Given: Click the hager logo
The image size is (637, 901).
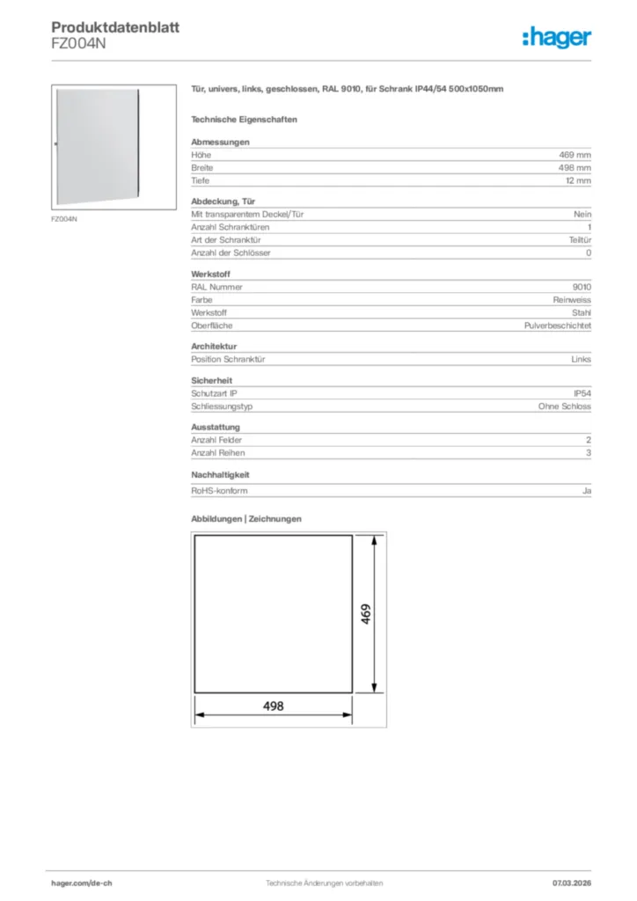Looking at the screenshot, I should pyautogui.click(x=556, y=38).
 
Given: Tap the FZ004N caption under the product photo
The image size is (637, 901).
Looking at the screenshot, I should pyautogui.click(x=64, y=218).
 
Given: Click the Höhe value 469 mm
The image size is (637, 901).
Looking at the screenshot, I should pyautogui.click(x=575, y=155).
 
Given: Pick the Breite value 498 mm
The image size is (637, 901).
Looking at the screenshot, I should pyautogui.click(x=575, y=167).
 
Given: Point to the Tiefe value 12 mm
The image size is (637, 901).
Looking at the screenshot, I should pyautogui.click(x=578, y=180).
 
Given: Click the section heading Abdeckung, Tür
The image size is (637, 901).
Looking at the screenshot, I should pyautogui.click(x=218, y=201).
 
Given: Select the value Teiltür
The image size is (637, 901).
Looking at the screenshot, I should pyautogui.click(x=580, y=240).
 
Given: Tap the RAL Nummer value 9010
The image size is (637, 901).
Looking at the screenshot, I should pyautogui.click(x=582, y=287).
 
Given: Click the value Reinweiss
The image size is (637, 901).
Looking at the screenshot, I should pyautogui.click(x=571, y=300).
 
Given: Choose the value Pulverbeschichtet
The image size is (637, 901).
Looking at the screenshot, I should pyautogui.click(x=557, y=326).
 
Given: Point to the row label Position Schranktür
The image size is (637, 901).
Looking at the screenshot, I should pyautogui.click(x=229, y=359).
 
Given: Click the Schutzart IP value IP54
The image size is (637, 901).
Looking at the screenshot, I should pyautogui.click(x=582, y=393).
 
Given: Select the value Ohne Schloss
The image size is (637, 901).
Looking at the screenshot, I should pyautogui.click(x=565, y=407).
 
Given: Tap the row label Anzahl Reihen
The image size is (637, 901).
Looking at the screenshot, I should pyautogui.click(x=218, y=453).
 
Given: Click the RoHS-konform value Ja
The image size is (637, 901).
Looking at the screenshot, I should pyautogui.click(x=586, y=491).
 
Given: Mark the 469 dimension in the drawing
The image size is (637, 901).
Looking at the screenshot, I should pyautogui.click(x=365, y=612).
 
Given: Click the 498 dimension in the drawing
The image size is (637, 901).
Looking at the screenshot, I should pyautogui.click(x=274, y=706).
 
